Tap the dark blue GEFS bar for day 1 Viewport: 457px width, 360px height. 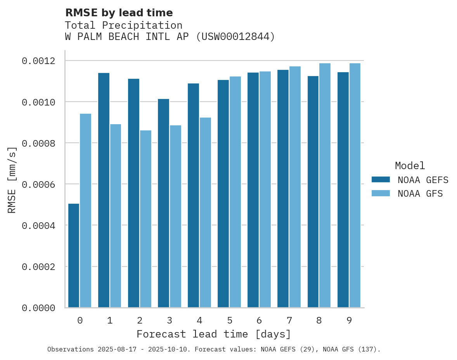pos(104,190)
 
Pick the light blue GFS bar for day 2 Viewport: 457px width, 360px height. pos(145,219)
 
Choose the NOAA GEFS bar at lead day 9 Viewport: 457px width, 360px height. pos(343,190)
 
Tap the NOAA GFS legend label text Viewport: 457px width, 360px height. pos(420,194)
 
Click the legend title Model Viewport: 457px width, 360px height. pos(410,166)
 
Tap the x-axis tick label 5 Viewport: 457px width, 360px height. pos(229,320)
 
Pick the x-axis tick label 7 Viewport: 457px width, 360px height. pos(289,320)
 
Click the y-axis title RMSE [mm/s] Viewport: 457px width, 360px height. pos(12,180)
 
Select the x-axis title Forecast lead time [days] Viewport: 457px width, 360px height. pos(213,334)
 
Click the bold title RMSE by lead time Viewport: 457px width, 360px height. pos(119,13)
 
